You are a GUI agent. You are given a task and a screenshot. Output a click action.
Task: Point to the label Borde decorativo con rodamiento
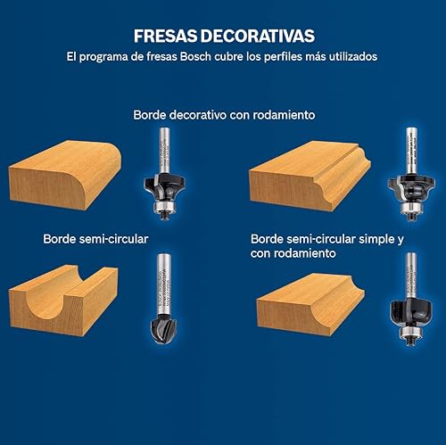[x=225, y=115]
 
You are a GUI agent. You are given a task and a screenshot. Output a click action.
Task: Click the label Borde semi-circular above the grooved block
[x=95, y=239]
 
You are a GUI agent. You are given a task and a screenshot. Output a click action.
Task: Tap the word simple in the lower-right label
[x=362, y=239]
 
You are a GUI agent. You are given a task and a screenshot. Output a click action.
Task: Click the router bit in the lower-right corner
[x=409, y=301]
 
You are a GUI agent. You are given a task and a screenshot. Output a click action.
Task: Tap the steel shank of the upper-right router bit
[x=411, y=142]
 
